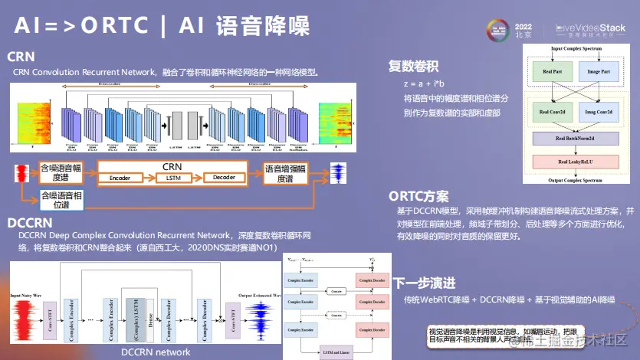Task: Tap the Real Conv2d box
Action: pos(554,112)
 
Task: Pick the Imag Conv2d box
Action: pos(599,112)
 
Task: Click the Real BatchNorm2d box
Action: pos(576,139)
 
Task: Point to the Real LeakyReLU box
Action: pos(576,162)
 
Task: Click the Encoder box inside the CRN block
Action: pos(120,178)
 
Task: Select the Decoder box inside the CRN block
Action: pos(225,178)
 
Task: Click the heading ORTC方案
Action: pos(418,196)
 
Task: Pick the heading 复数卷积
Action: pos(413,66)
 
